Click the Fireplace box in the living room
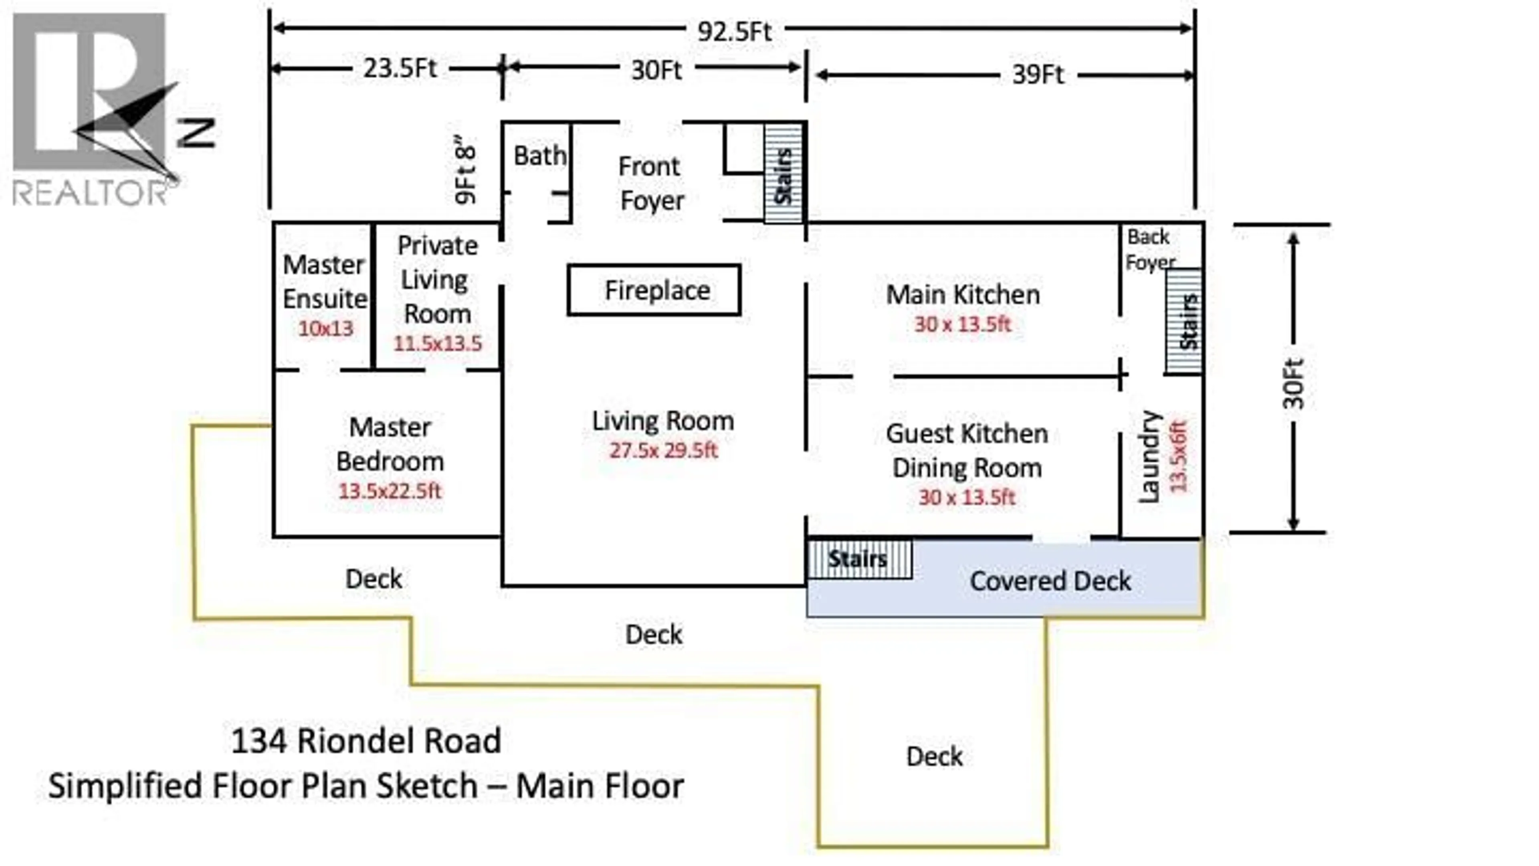[654, 290]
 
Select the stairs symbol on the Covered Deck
[859, 559]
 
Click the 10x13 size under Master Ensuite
[325, 328]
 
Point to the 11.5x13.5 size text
[437, 343]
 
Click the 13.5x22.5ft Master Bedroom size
[390, 491]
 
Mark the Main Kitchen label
[962, 295]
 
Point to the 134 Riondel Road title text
[366, 741]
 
